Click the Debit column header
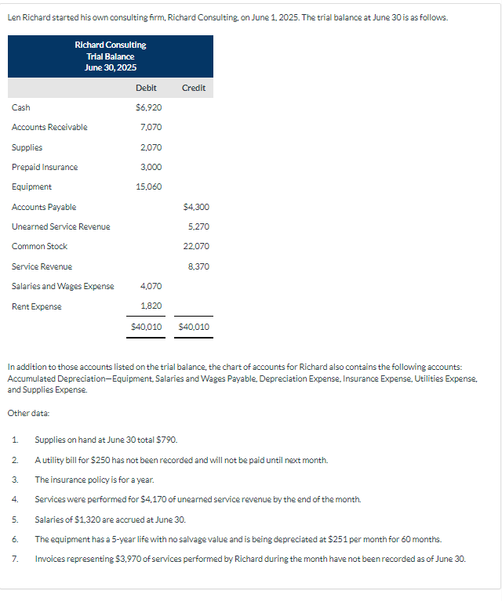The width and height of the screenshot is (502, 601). click(x=146, y=88)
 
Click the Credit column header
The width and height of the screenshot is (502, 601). click(x=194, y=88)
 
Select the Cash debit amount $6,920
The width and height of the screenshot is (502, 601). click(x=150, y=107)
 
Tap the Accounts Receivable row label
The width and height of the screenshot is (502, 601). click(x=49, y=127)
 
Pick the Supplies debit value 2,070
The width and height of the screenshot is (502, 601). click(x=151, y=147)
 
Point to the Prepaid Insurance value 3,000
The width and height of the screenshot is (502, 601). click(x=151, y=167)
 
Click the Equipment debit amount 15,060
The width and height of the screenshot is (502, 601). click(x=149, y=186)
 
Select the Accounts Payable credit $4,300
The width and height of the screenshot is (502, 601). click(x=196, y=207)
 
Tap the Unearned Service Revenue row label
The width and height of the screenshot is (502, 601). click(x=60, y=226)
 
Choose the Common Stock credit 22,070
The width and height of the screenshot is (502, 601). click(x=196, y=246)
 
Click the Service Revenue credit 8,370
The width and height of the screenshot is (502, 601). click(x=199, y=266)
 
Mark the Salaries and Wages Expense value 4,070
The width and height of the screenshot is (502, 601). click(x=151, y=286)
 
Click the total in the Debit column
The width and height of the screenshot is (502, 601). click(x=147, y=326)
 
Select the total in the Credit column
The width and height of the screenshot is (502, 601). click(x=195, y=326)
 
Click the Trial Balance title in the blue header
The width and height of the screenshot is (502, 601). click(x=111, y=56)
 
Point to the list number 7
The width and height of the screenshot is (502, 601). click(x=15, y=559)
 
